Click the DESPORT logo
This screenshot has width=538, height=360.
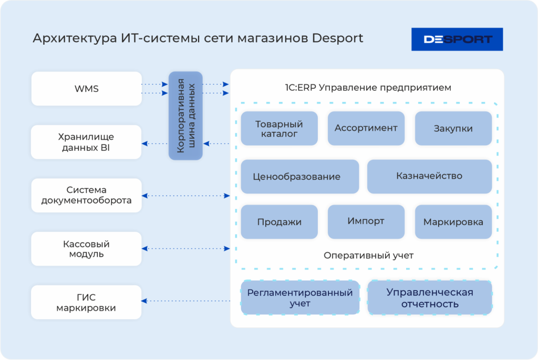click(x=457, y=39)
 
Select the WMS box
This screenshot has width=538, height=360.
click(x=87, y=89)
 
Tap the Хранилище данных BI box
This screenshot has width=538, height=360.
click(x=87, y=142)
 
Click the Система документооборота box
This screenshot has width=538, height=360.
click(x=87, y=195)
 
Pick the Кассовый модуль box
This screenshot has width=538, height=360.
click(x=87, y=249)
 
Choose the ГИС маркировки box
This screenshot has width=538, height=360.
click(x=87, y=302)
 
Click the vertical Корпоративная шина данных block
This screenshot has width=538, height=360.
click(x=185, y=116)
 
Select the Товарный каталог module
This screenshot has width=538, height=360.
click(x=280, y=128)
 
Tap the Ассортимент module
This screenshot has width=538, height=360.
click(x=366, y=128)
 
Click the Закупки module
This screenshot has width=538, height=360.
click(x=453, y=128)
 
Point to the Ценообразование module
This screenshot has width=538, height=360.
click(x=299, y=177)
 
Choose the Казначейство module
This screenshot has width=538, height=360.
click(x=429, y=176)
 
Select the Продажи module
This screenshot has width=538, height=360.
click(x=280, y=222)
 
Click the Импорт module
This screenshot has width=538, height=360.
click(x=366, y=221)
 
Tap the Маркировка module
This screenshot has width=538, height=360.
click(x=453, y=222)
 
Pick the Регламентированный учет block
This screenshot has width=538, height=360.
click(x=300, y=297)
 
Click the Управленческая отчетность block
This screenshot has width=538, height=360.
click(x=430, y=297)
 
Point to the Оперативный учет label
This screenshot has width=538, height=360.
click(x=368, y=255)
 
